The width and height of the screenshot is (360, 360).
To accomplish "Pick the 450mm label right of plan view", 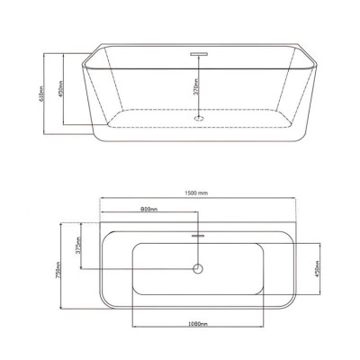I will (x=314, y=271).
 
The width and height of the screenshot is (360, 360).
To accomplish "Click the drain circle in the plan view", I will (x=198, y=269).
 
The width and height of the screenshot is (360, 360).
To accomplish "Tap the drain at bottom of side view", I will (x=198, y=115).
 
